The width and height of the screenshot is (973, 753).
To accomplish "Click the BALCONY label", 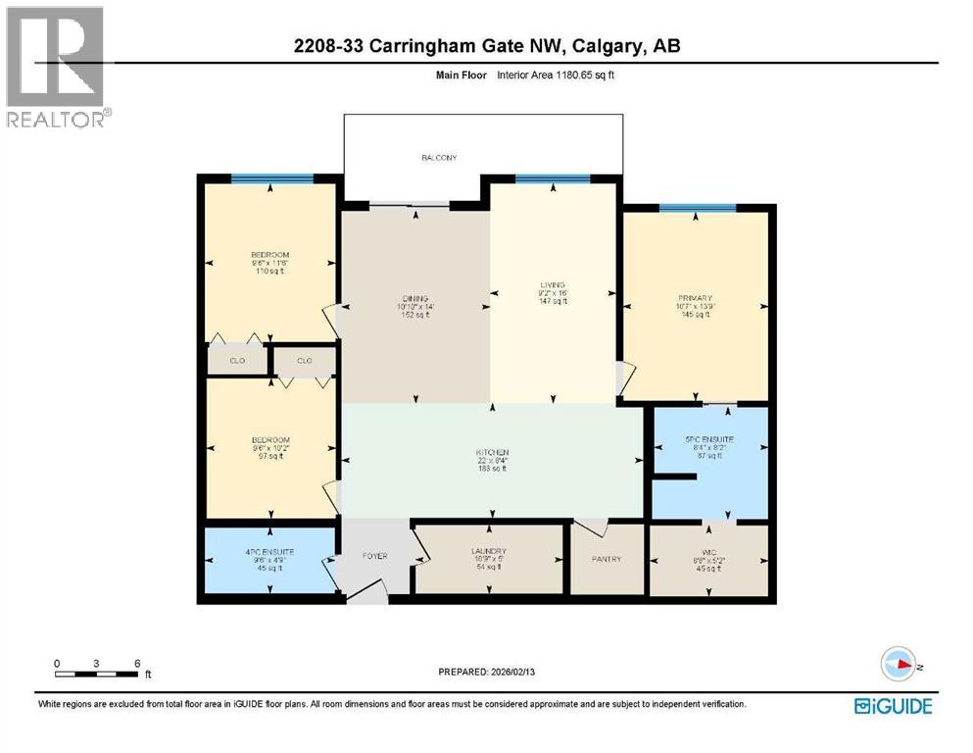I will point(439,158).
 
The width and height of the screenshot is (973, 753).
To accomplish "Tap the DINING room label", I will point(415,298).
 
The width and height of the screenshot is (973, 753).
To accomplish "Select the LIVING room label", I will point(553,285).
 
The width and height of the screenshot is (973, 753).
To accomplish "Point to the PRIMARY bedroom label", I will point(694,298).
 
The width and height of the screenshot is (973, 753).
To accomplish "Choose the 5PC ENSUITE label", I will point(708,439).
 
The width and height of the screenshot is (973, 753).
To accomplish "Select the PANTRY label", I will point(607,559).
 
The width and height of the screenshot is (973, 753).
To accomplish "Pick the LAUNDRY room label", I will point(487,552).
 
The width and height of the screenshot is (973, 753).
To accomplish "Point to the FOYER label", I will point(375,557).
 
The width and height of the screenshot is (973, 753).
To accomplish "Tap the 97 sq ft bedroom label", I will point(269,440).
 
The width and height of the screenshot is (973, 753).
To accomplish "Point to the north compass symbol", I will point(897,664).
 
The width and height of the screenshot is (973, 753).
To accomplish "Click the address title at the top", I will point(487,46).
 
